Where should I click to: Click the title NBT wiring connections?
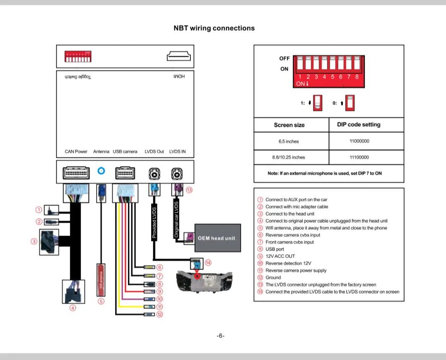click(214, 28)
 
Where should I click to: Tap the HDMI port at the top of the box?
click(179, 56)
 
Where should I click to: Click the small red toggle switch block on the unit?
click(78, 57)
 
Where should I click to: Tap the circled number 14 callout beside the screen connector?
click(208, 263)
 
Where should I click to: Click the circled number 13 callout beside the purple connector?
click(190, 190)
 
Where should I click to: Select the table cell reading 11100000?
click(359, 157)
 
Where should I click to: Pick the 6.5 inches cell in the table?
click(289, 141)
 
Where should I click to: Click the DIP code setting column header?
click(358, 124)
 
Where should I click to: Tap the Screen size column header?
click(289, 125)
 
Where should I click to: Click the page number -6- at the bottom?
click(221, 336)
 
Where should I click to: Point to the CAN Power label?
click(76, 152)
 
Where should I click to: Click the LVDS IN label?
click(178, 152)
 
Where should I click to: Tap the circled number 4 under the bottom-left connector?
click(73, 308)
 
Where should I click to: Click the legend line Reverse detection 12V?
click(288, 263)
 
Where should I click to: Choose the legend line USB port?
click(275, 249)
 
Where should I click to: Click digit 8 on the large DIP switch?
click(357, 76)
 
